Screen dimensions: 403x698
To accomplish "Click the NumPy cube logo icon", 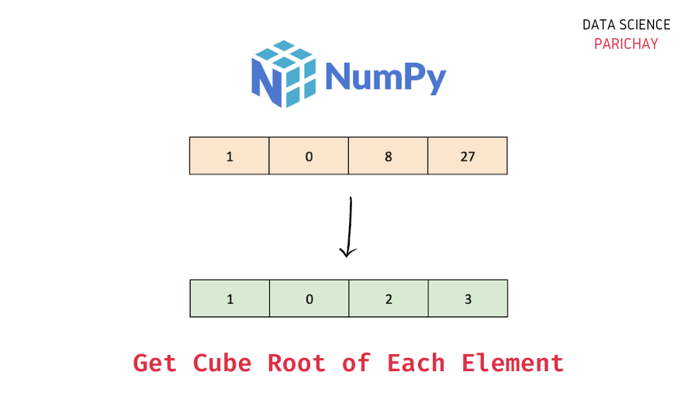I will [x=284, y=74].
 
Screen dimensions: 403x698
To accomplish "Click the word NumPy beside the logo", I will [x=385, y=77].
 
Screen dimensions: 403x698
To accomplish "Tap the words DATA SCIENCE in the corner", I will [x=626, y=25].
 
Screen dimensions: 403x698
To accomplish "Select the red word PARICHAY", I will [x=626, y=44].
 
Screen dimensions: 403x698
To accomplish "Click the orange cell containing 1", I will [x=230, y=157].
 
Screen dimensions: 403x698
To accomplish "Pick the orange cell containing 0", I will [x=309, y=157].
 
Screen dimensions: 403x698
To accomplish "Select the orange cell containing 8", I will [x=388, y=157].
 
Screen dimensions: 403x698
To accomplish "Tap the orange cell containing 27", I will [x=468, y=157].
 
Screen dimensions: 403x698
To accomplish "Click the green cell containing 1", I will [x=230, y=298].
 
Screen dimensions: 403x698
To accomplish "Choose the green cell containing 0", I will [x=309, y=298].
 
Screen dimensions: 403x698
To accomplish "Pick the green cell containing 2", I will [x=388, y=298].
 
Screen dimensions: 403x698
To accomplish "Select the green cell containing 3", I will [x=468, y=298].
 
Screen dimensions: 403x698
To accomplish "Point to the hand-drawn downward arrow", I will [x=350, y=225].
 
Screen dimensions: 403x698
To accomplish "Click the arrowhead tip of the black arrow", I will [x=348, y=256].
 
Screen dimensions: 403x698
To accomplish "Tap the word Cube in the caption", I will [x=222, y=363].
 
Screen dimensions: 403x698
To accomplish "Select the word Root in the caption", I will [x=297, y=363].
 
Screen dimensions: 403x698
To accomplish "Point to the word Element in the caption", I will [x=513, y=363].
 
